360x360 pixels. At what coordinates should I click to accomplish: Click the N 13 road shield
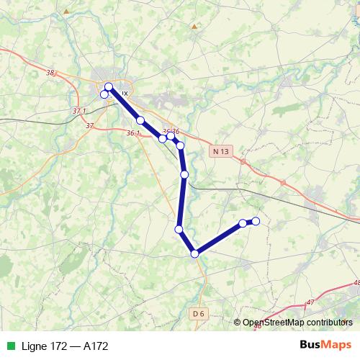(x=222, y=151)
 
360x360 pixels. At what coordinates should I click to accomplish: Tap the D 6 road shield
(x=200, y=313)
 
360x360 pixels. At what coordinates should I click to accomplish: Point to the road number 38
(x=50, y=73)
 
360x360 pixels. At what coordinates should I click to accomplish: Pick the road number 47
(x=310, y=302)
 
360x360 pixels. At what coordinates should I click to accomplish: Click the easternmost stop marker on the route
(x=256, y=221)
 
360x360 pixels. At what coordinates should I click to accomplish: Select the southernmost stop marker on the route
(x=194, y=253)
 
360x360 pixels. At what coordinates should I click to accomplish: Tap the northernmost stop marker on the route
(x=109, y=86)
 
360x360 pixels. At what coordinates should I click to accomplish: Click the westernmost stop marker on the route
(x=104, y=94)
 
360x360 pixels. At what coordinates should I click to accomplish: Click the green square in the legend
(x=9, y=346)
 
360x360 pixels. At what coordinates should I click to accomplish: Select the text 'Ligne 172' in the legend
(x=41, y=346)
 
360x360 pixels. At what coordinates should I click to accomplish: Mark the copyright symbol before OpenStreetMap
(x=238, y=323)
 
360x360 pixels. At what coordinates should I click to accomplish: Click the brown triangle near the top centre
(x=194, y=27)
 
